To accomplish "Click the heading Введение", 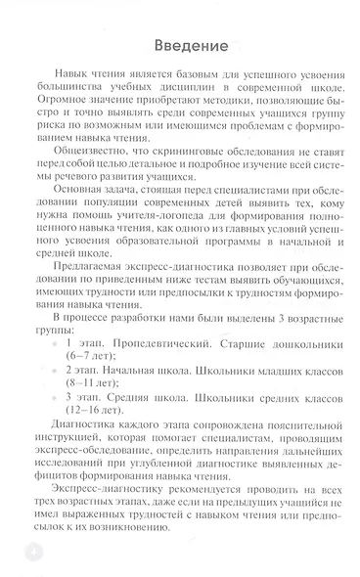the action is pyautogui.click(x=191, y=46).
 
